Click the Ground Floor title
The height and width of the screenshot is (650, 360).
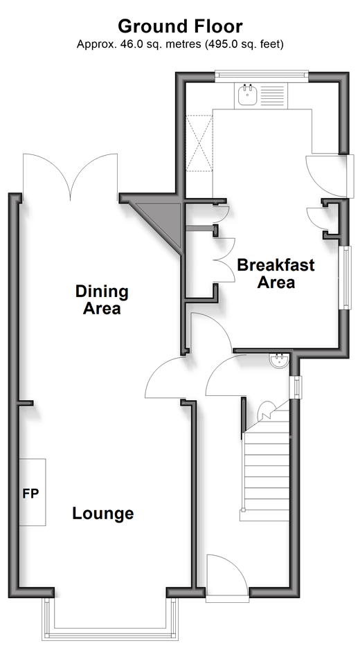click(x=180, y=26)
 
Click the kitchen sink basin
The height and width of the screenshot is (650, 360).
click(x=248, y=96)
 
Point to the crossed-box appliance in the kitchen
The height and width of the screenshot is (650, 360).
click(x=199, y=143)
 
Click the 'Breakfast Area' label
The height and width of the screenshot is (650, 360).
click(x=276, y=273)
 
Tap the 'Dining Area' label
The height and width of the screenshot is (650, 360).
click(x=102, y=300)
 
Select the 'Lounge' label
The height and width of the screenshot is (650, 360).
click(x=103, y=513)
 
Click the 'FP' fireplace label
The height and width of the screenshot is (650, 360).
click(x=30, y=494)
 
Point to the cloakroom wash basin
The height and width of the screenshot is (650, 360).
click(x=279, y=361)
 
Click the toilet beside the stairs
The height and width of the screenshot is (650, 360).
click(x=265, y=410)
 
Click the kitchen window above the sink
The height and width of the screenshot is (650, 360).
click(x=262, y=75)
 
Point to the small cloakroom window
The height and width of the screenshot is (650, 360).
click(x=297, y=387)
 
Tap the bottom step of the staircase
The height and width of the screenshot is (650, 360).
click(x=264, y=515)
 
